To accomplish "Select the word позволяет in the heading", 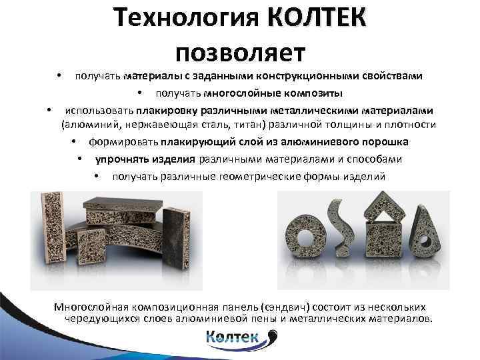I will [x=240, y=50].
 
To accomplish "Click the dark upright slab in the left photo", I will [x=174, y=237].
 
